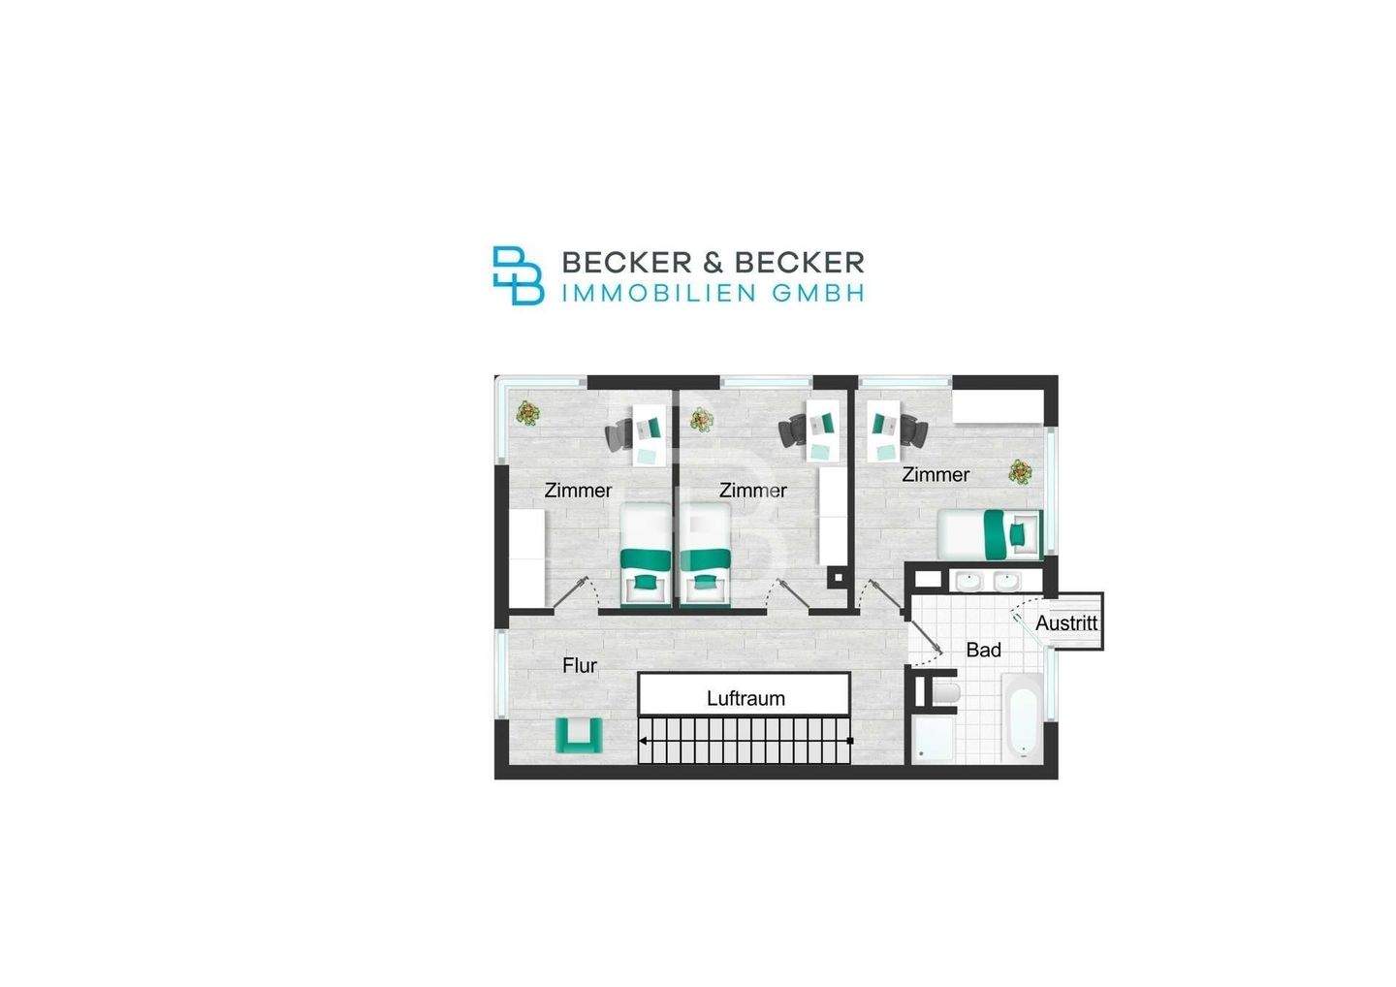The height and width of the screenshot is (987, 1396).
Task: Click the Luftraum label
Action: [x=746, y=698]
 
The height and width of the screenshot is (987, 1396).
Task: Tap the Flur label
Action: [x=580, y=665]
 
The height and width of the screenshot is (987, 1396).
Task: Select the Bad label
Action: [x=983, y=650]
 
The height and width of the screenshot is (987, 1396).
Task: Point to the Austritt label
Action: [x=1066, y=622]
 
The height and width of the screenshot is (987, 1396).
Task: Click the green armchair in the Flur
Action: [x=579, y=735]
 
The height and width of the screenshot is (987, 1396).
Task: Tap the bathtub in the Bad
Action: [x=1023, y=716]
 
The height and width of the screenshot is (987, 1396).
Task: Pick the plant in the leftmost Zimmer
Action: [x=527, y=412]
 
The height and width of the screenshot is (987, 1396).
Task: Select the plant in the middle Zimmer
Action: [x=702, y=419]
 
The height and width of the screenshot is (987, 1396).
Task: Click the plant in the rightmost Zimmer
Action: [x=1020, y=472]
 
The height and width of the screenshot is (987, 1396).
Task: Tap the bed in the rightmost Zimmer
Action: [x=991, y=534]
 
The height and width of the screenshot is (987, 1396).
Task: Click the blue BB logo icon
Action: [x=518, y=275]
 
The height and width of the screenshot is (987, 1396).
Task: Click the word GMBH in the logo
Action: [x=819, y=294]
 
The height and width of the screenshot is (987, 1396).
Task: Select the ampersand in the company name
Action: [x=713, y=263]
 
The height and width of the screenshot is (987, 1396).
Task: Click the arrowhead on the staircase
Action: [x=643, y=741]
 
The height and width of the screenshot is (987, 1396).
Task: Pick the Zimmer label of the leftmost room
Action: [x=578, y=491]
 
